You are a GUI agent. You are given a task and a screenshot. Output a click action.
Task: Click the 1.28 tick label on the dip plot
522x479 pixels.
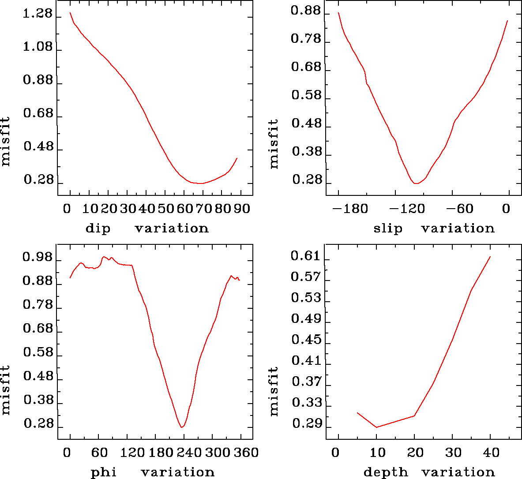coord(38,15)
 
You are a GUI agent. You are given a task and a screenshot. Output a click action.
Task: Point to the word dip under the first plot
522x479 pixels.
coord(98,228)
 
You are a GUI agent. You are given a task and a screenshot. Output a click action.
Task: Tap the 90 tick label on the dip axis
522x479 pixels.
coord(242,209)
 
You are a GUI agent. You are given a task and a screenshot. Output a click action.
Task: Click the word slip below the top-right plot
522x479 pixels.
coord(388,228)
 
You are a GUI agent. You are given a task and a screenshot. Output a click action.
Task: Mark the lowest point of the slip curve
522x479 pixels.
coord(416,183)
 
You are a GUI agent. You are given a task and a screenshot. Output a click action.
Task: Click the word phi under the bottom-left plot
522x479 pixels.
coord(104,473)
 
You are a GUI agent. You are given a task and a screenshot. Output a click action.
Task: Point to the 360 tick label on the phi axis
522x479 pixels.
coord(248,453)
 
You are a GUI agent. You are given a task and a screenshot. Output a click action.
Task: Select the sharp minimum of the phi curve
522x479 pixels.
coord(182,427)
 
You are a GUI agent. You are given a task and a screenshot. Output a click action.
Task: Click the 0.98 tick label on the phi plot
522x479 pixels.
coord(38,258)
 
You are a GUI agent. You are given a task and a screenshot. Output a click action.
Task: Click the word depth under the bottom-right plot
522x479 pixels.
coord(386,473)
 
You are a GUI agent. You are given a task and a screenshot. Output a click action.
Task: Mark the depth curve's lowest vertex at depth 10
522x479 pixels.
coord(376,427)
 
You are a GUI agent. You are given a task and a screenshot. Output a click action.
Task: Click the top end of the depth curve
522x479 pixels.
coord(490,256)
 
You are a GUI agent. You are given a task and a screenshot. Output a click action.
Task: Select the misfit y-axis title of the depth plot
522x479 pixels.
coord(274,391)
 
